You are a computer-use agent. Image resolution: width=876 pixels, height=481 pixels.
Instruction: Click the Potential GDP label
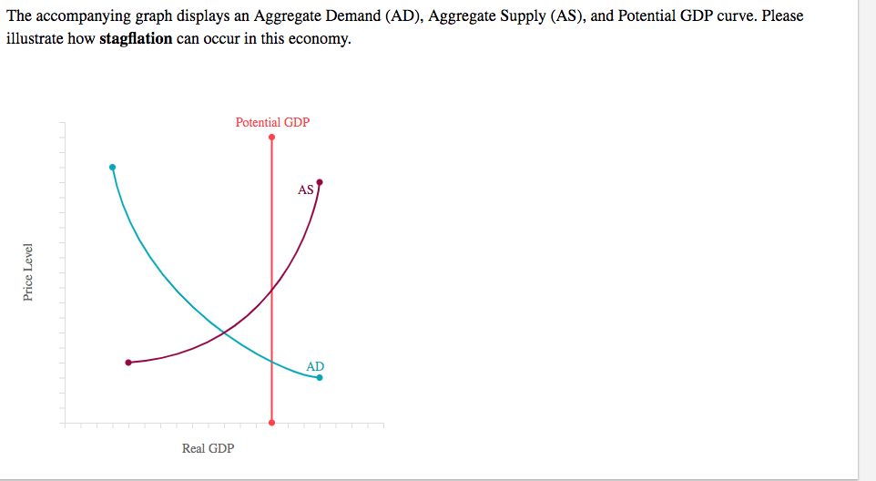click(272, 122)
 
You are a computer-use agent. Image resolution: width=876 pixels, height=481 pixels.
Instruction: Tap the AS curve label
click(305, 190)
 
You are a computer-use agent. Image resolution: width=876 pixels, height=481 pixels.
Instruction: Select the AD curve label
click(314, 366)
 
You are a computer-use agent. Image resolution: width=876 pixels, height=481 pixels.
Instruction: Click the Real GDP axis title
click(208, 448)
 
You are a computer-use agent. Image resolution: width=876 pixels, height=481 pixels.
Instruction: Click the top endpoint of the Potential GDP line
click(271, 138)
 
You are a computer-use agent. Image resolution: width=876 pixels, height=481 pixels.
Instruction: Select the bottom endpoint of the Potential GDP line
click(271, 423)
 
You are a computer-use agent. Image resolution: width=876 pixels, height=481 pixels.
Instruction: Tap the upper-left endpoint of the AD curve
click(112, 168)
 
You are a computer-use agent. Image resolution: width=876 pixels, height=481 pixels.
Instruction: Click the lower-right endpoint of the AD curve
click(320, 377)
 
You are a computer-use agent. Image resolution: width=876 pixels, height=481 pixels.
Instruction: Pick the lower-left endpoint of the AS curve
click(128, 363)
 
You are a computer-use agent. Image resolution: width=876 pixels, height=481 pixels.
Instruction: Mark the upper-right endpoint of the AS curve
click(320, 182)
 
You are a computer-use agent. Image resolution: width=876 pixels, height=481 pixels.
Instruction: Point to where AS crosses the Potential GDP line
click(271, 291)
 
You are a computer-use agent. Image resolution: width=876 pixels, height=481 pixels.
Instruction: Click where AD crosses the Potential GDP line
click(271, 362)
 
